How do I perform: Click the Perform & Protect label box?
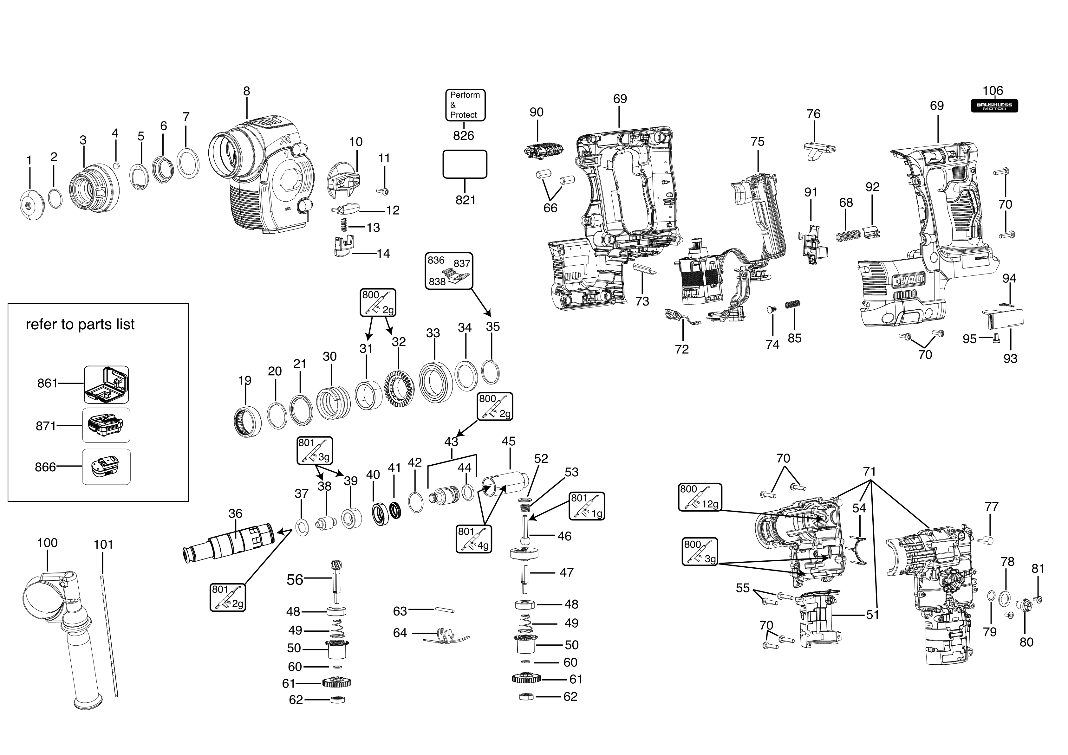[465, 105]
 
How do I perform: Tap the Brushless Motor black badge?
[994, 106]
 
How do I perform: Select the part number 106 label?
[993, 91]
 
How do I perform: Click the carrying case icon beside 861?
[106, 384]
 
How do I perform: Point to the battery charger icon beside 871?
[106, 425]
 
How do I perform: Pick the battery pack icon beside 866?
[106, 467]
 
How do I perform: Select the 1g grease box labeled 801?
[587, 506]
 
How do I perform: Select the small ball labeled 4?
[116, 165]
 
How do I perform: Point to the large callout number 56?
[295, 579]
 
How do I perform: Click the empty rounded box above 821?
[464, 164]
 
